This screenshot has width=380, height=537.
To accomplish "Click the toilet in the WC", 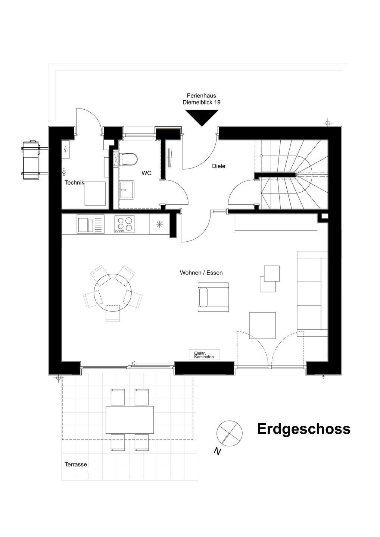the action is coord(128,159).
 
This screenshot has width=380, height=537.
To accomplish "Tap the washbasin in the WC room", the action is coord(127,189).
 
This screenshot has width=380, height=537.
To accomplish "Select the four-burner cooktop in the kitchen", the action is coord(124,224).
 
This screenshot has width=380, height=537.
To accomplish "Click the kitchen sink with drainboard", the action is coord(91,224).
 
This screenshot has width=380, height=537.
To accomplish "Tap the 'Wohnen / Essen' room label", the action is coord(201,273).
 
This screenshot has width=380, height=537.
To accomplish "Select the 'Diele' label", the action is coord(219,166).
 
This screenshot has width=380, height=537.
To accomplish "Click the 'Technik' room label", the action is coord(74,183).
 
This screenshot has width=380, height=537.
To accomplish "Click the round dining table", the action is coord(112,293).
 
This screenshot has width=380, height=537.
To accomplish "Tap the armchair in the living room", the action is coord(213,297).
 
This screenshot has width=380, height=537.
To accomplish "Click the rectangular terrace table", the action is coord(130,420).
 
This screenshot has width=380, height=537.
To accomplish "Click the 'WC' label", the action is coord(146,173).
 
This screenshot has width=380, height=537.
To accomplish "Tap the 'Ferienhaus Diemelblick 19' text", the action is coord(202,99).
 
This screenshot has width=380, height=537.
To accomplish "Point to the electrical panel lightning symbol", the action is coord(66,150).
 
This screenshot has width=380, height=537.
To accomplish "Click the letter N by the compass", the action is coord(217,452).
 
